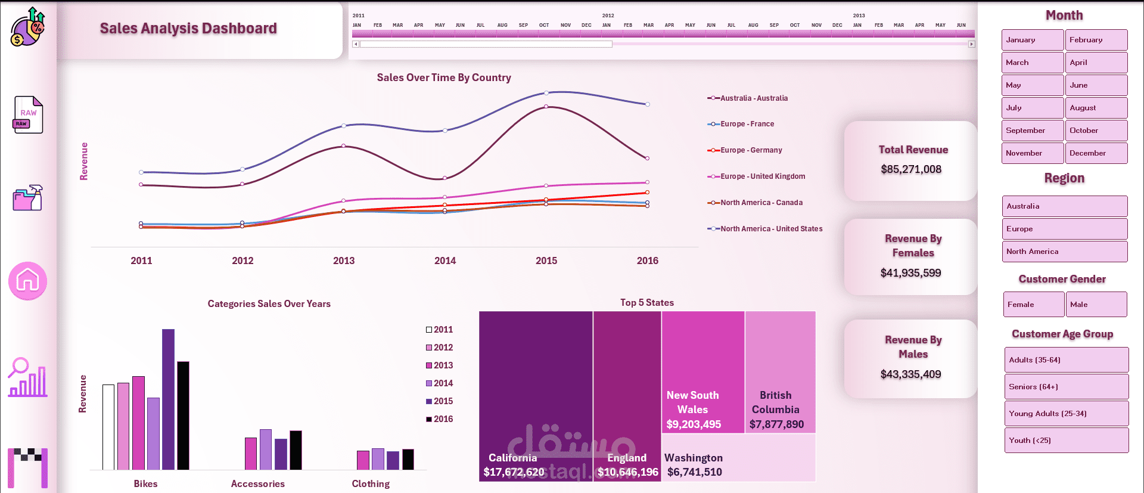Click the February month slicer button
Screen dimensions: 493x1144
click(1096, 40)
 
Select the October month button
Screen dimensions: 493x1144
click(1096, 131)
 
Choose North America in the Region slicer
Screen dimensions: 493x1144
click(1064, 252)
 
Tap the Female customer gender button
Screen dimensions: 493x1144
click(1033, 305)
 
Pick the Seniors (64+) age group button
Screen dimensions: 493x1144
click(1066, 387)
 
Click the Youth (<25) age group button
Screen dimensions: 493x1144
click(1066, 441)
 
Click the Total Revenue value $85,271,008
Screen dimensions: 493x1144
click(911, 169)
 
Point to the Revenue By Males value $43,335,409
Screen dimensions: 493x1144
click(910, 374)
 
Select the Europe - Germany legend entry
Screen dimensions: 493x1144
click(751, 150)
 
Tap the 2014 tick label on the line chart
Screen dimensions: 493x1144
click(444, 261)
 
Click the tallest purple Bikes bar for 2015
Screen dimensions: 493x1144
click(168, 399)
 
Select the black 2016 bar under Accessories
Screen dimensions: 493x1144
click(296, 450)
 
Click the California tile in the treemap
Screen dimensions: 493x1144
click(535, 393)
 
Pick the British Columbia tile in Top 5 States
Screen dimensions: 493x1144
click(779, 370)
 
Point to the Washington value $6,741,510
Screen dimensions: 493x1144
click(694, 472)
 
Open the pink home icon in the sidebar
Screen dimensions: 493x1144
click(27, 281)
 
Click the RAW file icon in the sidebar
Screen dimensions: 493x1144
click(28, 114)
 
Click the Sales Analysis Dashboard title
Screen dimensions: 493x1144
click(188, 29)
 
